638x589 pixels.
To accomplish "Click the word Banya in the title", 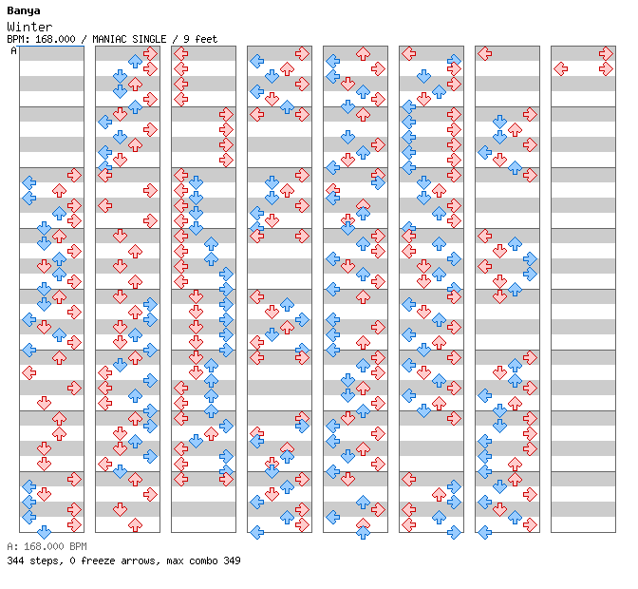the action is tap(24, 11).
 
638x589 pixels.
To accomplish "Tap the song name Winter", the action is tap(29, 27).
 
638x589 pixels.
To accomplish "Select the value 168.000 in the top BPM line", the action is tap(55, 39).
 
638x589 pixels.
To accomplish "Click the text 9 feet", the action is tap(200, 39).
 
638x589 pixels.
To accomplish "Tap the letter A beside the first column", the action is tap(13, 50).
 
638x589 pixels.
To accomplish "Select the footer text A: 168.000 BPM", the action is tap(47, 546).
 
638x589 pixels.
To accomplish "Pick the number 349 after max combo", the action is tap(232, 560).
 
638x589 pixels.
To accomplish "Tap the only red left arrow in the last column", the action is tap(561, 68).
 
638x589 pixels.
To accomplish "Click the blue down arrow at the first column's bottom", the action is tap(44, 532).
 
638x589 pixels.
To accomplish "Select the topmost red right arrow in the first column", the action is tap(74, 176).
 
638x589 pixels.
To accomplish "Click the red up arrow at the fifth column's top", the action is tap(363, 54).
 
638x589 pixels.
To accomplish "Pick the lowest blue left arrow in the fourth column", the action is tap(256, 532).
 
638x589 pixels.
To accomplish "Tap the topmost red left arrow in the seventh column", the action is tap(484, 54).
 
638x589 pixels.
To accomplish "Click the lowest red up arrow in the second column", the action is tap(135, 524).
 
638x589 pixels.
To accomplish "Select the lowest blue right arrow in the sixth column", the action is tap(454, 532).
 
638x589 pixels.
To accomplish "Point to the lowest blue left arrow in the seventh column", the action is tap(484, 532).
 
